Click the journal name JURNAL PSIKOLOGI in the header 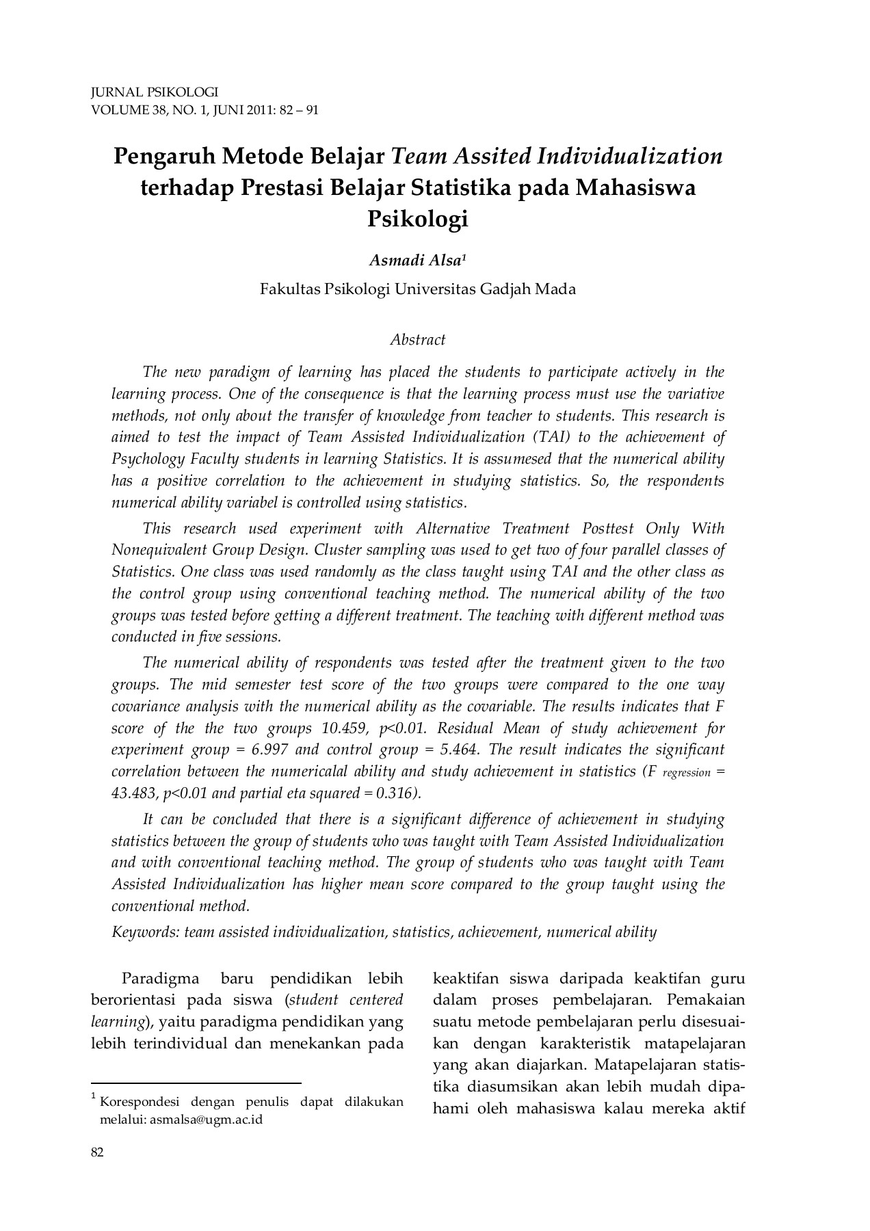pyautogui.click(x=154, y=92)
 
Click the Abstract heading pyautogui.click(x=417, y=339)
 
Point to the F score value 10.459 pyautogui.click(x=343, y=728)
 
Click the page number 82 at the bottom pyautogui.click(x=97, y=1153)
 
